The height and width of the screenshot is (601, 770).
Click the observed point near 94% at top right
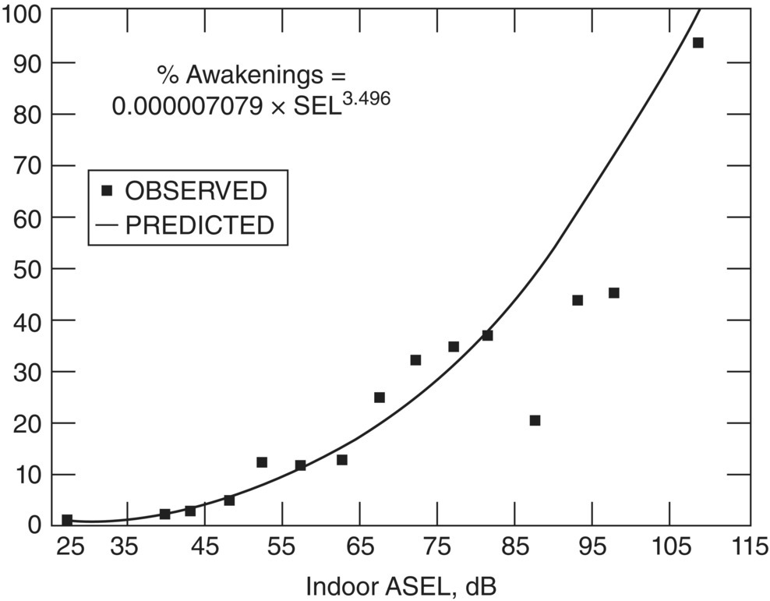(x=698, y=43)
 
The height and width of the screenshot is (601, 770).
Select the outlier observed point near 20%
(x=535, y=421)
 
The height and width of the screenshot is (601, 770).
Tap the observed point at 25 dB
(x=67, y=520)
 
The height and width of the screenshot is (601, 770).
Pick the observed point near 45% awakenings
(x=614, y=293)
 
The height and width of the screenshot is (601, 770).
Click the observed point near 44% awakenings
(x=577, y=300)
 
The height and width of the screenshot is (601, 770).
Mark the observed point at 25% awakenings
(x=380, y=398)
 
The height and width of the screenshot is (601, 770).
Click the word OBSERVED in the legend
(x=196, y=190)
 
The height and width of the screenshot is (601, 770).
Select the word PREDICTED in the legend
(x=200, y=225)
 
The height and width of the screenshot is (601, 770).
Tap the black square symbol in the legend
(x=108, y=190)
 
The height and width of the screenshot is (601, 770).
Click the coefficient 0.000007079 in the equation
(x=187, y=106)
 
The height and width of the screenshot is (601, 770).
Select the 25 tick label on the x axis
(x=69, y=547)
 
